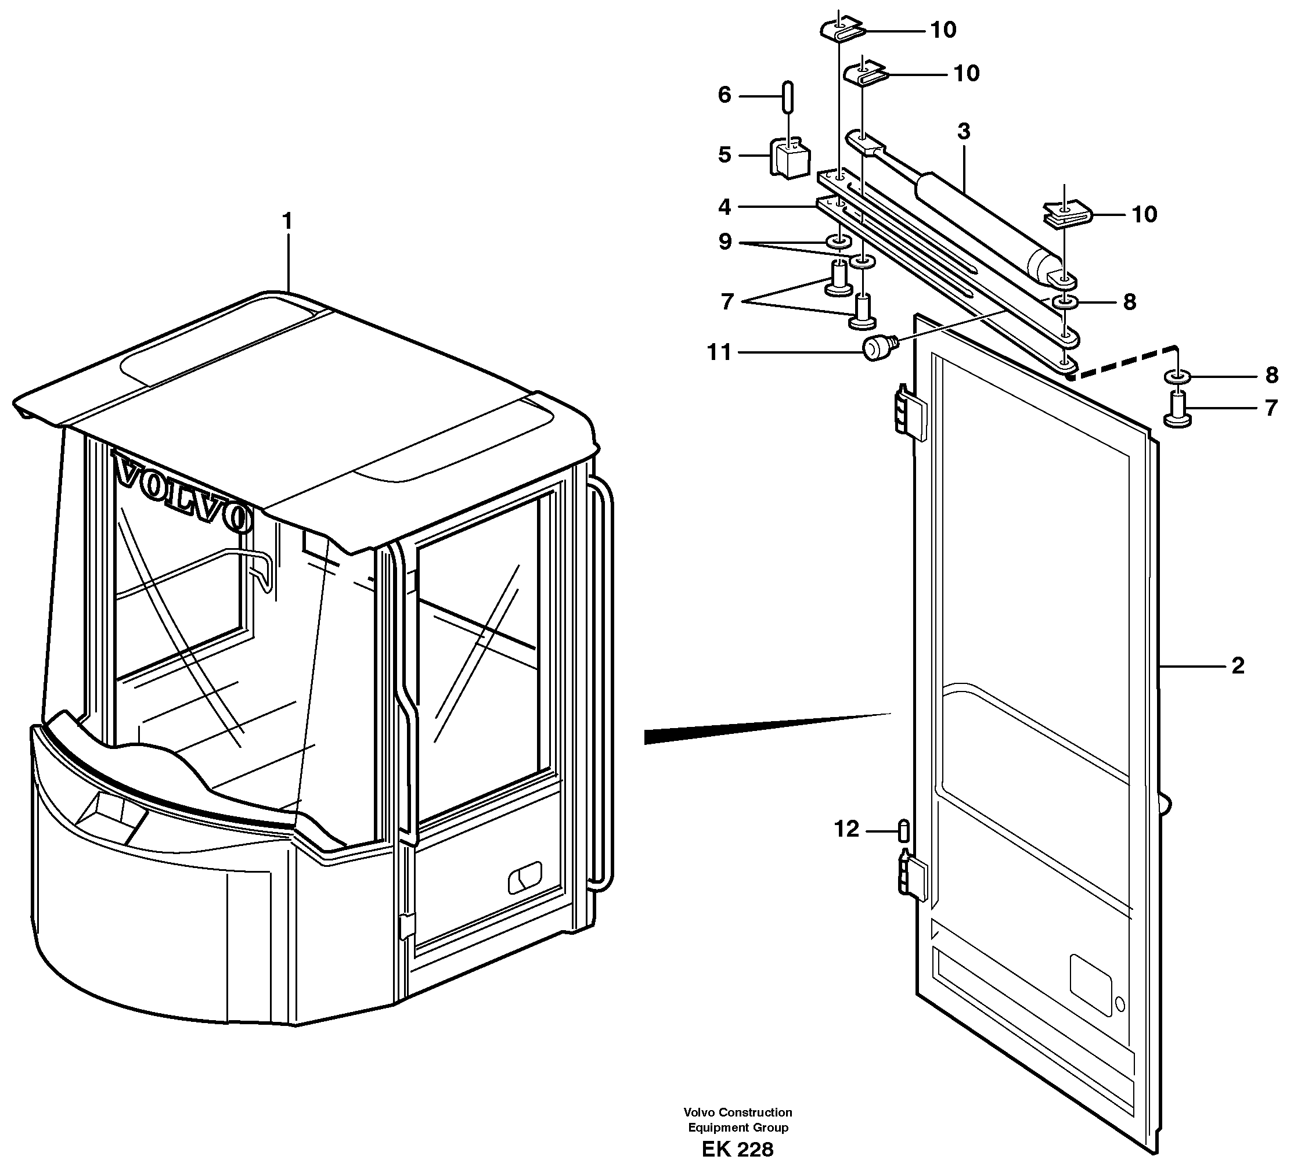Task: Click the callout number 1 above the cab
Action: click(287, 221)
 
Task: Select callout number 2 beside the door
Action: click(1238, 665)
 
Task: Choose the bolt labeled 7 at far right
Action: click(1178, 410)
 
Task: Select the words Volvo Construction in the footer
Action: click(737, 1112)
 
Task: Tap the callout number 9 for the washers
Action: click(725, 242)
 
